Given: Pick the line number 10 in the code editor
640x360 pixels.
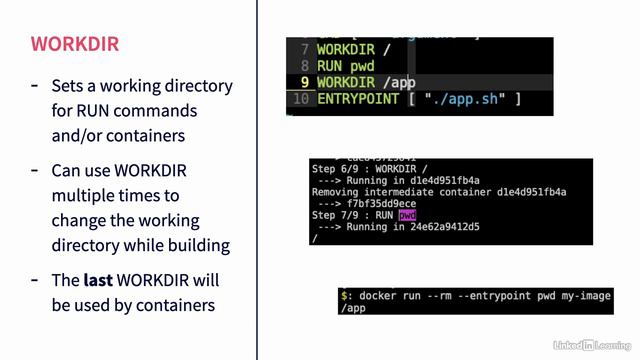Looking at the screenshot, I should [301, 99].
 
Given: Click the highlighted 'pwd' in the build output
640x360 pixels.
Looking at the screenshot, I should [407, 215].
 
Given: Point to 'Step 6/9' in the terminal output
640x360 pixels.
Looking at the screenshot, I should [338, 170].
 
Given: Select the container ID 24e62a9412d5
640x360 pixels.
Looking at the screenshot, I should [452, 227].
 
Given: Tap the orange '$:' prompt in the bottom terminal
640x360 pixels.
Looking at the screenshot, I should [346, 296].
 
